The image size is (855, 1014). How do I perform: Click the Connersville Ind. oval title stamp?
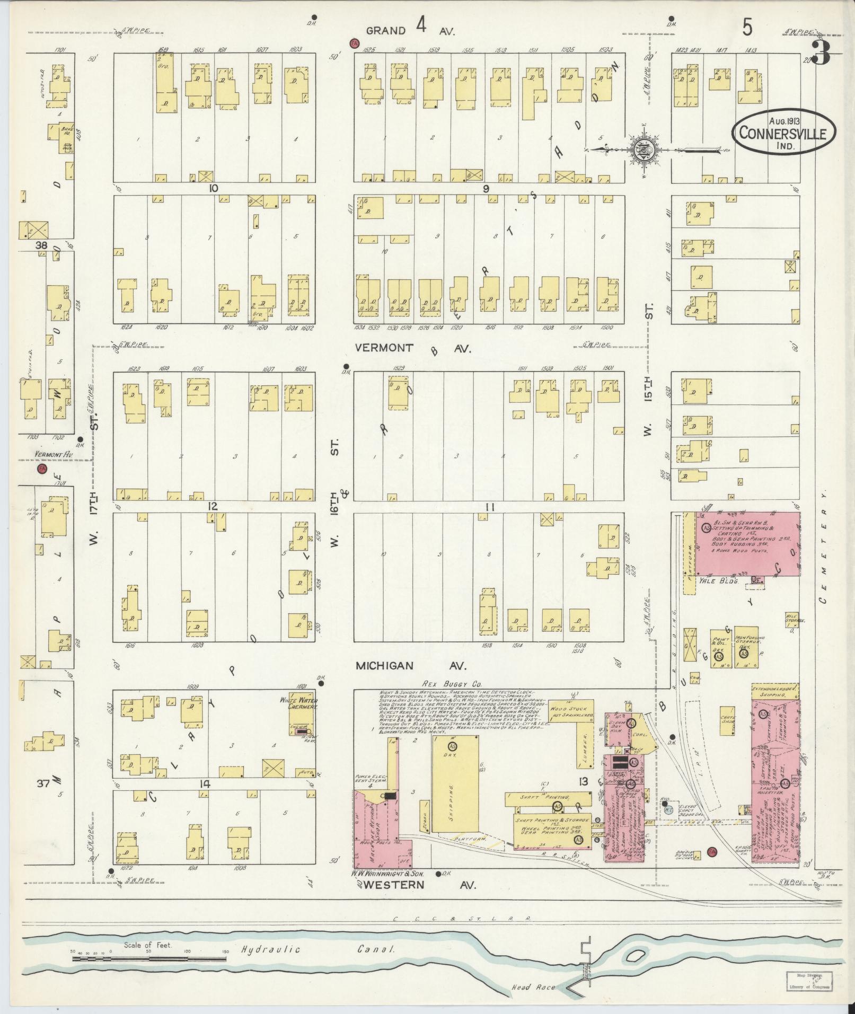pos(783,133)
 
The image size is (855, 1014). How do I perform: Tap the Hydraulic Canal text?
pos(318,949)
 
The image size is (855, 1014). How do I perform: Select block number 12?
pos(213,506)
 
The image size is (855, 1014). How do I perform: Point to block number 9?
pos(486,188)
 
